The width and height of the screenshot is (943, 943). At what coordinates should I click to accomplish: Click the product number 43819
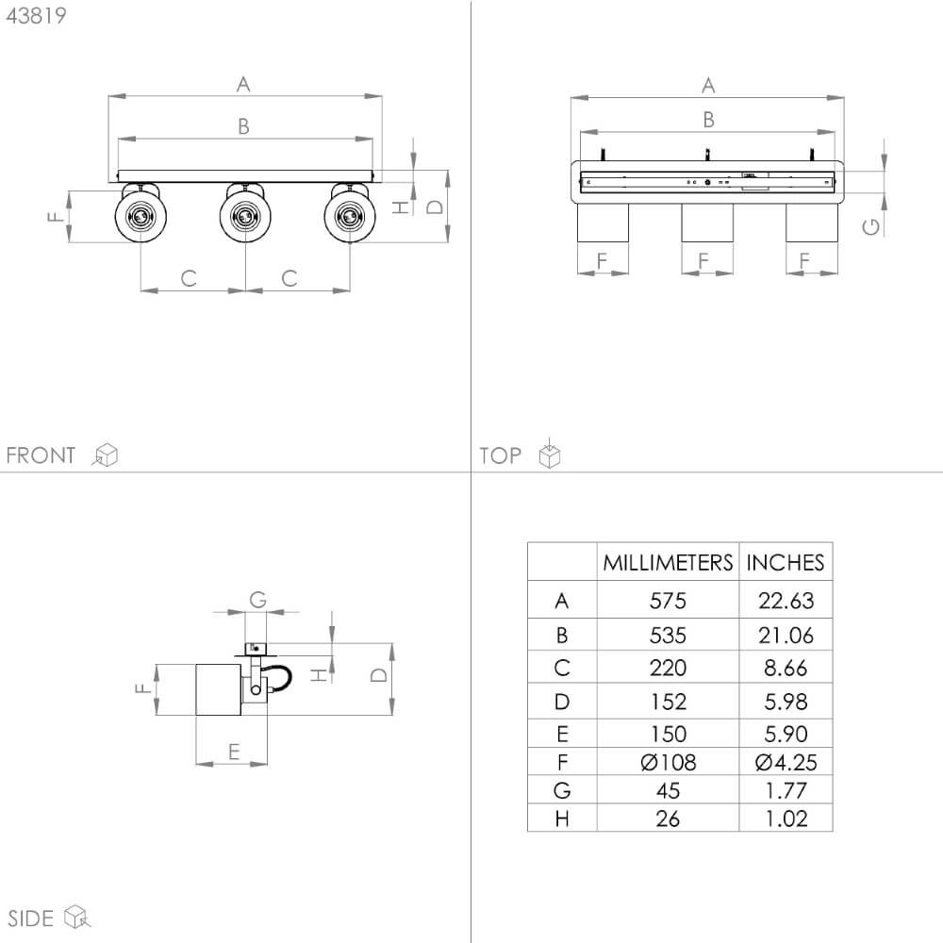click(x=36, y=16)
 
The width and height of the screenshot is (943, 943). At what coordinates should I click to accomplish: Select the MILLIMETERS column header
click(x=668, y=562)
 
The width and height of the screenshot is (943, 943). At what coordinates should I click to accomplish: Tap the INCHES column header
click(x=785, y=562)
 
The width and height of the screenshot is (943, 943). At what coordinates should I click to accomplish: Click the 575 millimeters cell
click(x=668, y=600)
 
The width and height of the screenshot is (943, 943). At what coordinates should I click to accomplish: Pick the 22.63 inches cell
click(x=786, y=600)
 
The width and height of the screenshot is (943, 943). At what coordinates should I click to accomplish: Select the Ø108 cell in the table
click(x=669, y=763)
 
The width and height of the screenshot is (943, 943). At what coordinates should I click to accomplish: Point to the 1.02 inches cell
click(x=786, y=819)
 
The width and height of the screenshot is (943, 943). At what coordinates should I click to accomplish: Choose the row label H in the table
click(x=562, y=819)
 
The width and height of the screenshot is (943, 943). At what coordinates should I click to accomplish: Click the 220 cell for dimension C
click(x=668, y=668)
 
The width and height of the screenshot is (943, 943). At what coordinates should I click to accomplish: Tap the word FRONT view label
click(x=41, y=455)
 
